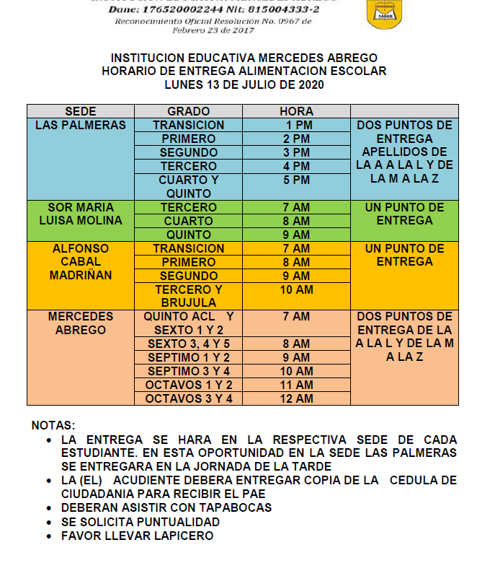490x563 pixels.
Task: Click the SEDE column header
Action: (x=80, y=111)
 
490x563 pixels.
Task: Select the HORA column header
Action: (x=296, y=111)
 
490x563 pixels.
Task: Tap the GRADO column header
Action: (x=188, y=111)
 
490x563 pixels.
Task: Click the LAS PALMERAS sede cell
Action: (x=80, y=125)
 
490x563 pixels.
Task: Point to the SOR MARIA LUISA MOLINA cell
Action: (x=80, y=214)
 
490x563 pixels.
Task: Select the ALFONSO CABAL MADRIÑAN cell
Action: (x=80, y=261)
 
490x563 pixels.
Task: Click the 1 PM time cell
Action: (x=296, y=125)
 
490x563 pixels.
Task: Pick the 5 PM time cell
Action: (x=296, y=180)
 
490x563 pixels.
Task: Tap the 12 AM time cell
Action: (x=296, y=398)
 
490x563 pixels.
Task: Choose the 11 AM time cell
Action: (x=296, y=385)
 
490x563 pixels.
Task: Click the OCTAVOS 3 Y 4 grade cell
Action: (x=189, y=398)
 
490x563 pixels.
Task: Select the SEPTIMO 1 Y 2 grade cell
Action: (x=189, y=357)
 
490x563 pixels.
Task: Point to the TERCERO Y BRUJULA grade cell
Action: (x=189, y=296)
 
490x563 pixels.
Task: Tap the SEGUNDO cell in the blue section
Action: (x=189, y=152)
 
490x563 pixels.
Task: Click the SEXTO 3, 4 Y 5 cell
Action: (x=189, y=344)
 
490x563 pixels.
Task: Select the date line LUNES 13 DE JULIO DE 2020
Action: (x=244, y=84)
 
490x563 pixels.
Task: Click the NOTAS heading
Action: (x=53, y=426)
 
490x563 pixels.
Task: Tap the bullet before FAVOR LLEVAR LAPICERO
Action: (x=48, y=536)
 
